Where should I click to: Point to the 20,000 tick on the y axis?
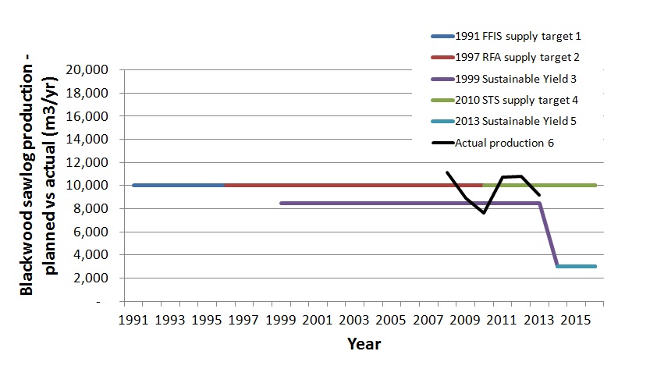coord(91,70)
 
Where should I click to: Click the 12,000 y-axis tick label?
coord(91,162)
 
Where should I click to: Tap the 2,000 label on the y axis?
coord(94,278)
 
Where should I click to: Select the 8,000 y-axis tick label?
coord(94,209)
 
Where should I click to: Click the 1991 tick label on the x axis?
coord(135,320)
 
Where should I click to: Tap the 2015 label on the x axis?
coord(574,320)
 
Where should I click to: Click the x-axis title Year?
coord(364,343)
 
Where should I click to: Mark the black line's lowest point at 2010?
coord(484,213)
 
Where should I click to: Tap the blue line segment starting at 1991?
coord(179,186)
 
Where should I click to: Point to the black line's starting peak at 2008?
coord(447,172)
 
